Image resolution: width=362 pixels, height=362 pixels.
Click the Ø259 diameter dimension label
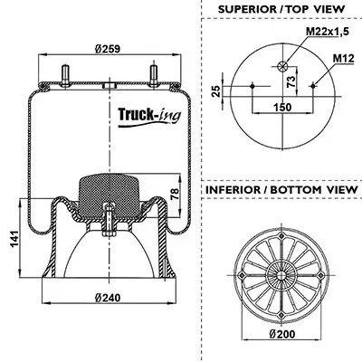pos(108,49)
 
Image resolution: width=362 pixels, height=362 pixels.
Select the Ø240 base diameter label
pos(108,298)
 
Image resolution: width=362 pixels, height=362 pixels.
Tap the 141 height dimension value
pos(14,239)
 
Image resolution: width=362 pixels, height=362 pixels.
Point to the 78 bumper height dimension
pos(174,195)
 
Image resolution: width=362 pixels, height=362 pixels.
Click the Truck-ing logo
pos(149,117)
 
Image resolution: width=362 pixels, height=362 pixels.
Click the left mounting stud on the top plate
pos(65,76)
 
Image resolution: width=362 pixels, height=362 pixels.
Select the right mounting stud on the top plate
pos(154,76)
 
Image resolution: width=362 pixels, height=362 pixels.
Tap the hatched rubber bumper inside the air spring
pos(109,195)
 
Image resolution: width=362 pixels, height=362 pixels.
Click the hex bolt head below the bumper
pos(109,233)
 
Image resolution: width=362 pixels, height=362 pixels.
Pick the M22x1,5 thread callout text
pos(328,31)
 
